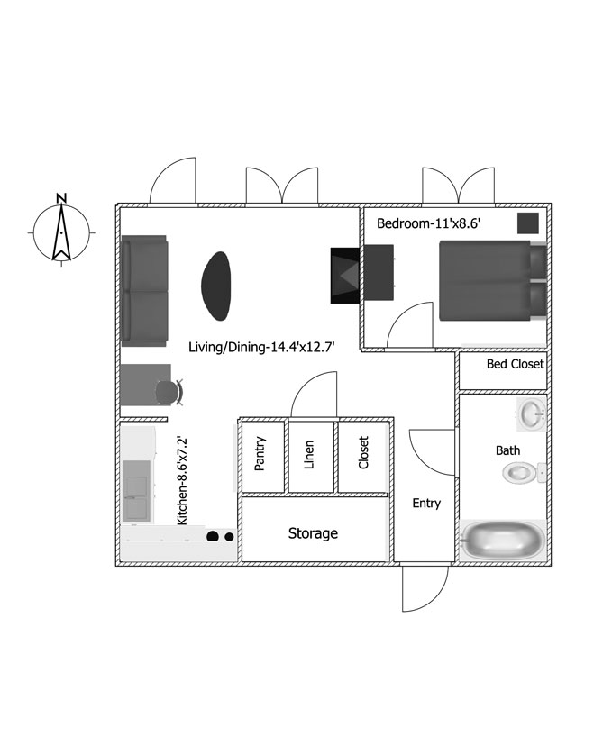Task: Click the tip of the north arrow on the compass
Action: click(x=61, y=205)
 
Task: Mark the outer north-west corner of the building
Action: click(x=116, y=204)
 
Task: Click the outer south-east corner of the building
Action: click(x=552, y=566)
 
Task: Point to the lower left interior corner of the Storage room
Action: click(x=242, y=561)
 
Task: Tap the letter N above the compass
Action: click(x=61, y=197)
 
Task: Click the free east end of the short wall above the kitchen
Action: click(x=167, y=419)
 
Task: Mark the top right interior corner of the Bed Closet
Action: click(x=546, y=353)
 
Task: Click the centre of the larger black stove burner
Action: click(x=213, y=536)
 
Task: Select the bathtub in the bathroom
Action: click(x=502, y=540)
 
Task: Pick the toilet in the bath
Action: click(x=524, y=473)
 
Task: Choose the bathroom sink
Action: click(x=532, y=414)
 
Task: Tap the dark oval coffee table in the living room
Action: click(x=216, y=286)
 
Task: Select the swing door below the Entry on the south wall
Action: click(x=425, y=588)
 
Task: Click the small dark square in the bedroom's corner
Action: click(x=528, y=223)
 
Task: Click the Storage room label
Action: click(x=313, y=533)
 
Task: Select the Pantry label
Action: click(x=260, y=453)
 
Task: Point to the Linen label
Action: click(x=308, y=454)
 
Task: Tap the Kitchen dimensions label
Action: click(x=182, y=481)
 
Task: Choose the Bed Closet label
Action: click(x=516, y=364)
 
